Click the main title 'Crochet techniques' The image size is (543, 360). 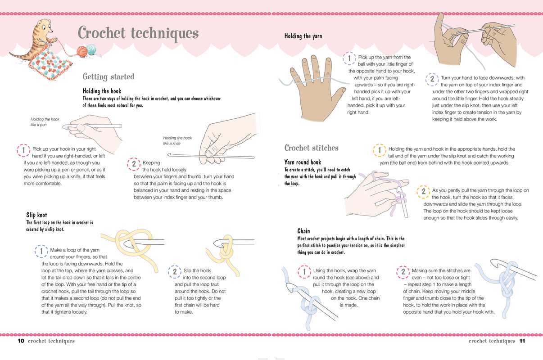138,33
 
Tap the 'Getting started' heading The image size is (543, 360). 109,76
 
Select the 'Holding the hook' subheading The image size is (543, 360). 102,91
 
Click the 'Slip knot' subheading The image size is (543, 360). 36,215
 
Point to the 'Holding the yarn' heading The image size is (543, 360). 303,36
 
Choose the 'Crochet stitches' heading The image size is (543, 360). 312,148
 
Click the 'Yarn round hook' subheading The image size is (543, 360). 303,162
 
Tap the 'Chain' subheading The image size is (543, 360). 303,231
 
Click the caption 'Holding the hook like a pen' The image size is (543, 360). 45,122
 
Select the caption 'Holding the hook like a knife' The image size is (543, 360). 177,140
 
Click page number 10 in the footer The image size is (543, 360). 21,341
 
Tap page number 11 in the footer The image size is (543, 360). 522,341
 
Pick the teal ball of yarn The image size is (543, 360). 91,49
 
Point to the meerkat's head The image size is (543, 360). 45,26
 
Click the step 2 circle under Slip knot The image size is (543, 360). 175,271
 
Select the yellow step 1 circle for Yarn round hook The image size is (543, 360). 380,150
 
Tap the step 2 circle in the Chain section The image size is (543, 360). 403,272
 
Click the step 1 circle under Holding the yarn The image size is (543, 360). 349,58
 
